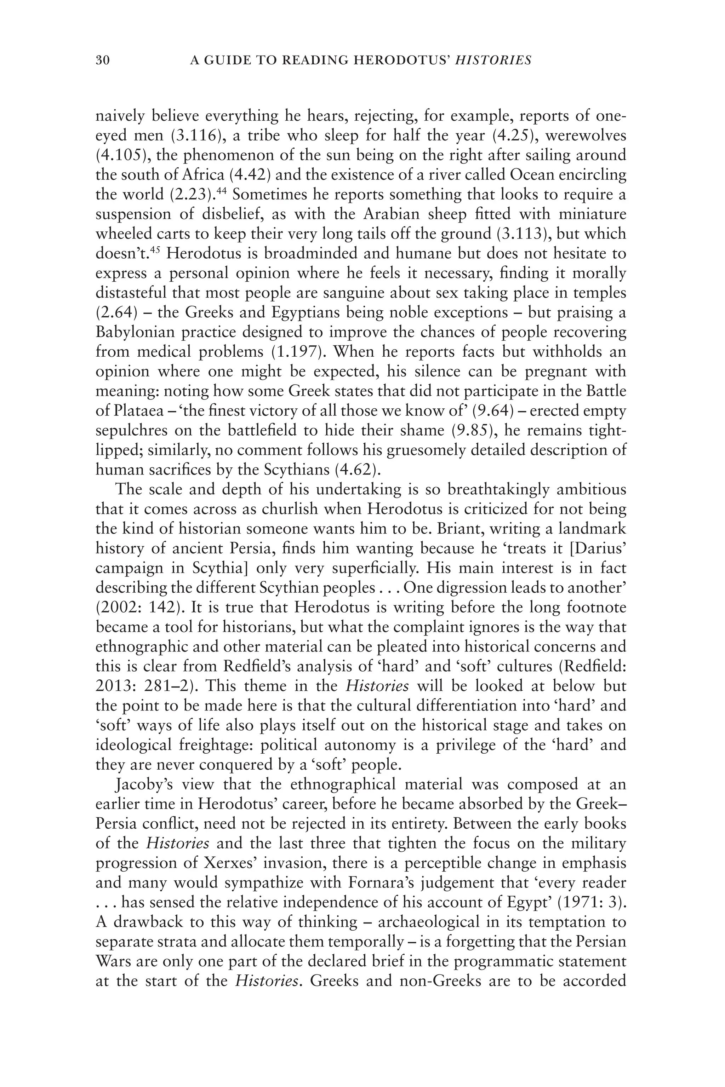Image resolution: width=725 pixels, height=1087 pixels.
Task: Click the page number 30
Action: [102, 61]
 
